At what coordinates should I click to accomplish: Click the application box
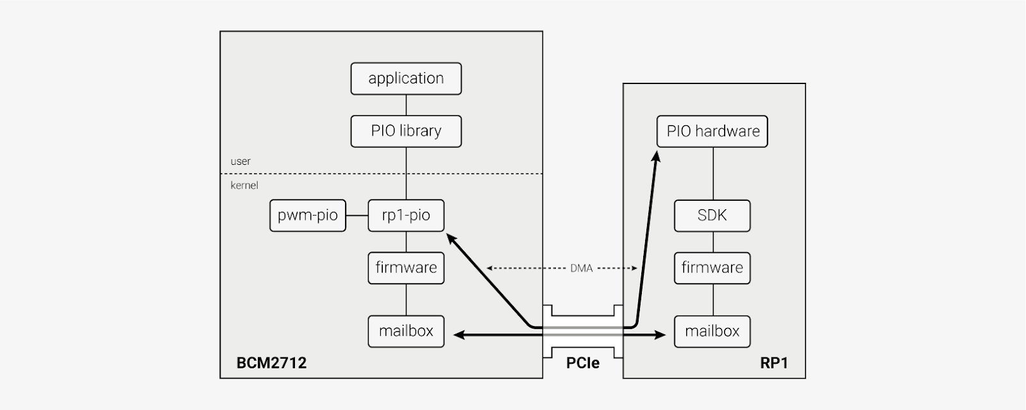(x=406, y=79)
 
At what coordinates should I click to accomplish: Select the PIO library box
(x=406, y=132)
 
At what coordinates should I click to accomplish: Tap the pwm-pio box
(x=307, y=216)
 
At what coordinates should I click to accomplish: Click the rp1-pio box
(x=406, y=216)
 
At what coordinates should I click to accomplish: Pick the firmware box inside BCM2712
(x=406, y=268)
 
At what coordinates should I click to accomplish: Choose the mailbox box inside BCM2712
(x=406, y=332)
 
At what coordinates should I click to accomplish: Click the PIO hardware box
(x=712, y=132)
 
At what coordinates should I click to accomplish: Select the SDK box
(x=712, y=216)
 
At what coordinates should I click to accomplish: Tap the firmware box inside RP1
(x=712, y=268)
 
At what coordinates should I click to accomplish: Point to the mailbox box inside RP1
(x=712, y=332)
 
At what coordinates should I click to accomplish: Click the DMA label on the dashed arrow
(x=581, y=268)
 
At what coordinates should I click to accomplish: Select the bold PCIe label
(x=582, y=363)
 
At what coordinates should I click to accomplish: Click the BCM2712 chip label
(x=271, y=363)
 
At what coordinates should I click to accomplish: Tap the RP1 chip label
(x=773, y=363)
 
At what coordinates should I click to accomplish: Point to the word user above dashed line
(x=240, y=162)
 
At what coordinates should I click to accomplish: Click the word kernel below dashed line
(x=244, y=185)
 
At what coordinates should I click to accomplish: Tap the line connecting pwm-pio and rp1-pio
(x=357, y=216)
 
